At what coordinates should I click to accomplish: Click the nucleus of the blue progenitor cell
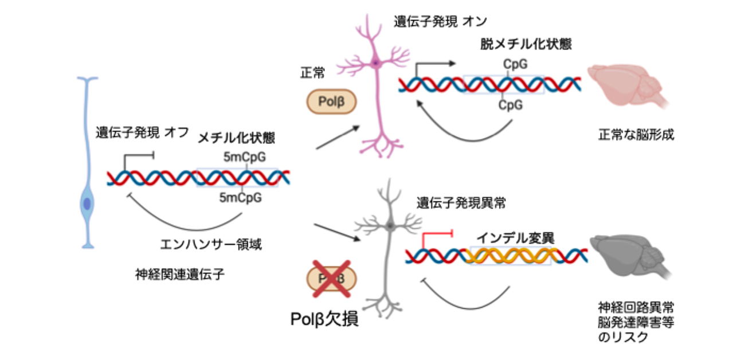[x=87, y=204]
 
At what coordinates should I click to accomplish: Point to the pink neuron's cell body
[x=375, y=62]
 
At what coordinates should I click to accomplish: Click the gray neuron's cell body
[x=390, y=225]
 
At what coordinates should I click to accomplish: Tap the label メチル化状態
[x=236, y=138]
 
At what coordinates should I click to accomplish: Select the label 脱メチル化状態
[x=525, y=44]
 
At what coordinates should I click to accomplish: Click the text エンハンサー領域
[x=210, y=245]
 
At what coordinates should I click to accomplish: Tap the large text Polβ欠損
[x=325, y=318]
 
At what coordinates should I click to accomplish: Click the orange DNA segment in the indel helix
[x=510, y=255]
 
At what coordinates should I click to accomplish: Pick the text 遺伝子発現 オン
[x=440, y=22]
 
